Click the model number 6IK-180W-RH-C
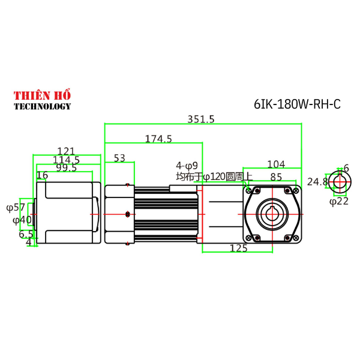297,104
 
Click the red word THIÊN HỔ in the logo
42,95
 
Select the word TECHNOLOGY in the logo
42,106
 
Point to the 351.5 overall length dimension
200,119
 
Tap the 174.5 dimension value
158,139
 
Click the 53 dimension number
119,158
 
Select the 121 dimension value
66,151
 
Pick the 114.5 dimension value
66,160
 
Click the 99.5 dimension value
66,168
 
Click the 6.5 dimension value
26,234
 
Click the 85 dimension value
276,177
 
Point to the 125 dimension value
239,248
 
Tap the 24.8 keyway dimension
317,181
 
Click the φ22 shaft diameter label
339,201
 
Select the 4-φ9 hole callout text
187,166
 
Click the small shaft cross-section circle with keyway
340,182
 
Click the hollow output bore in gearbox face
272,214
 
